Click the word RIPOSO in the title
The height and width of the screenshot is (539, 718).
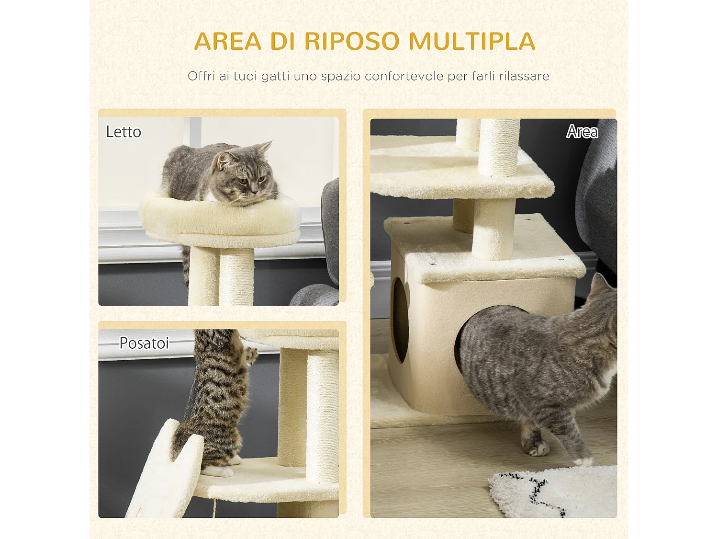point(351,41)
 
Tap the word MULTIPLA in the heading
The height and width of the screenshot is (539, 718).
point(472,41)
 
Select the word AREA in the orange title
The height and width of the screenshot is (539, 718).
point(228,41)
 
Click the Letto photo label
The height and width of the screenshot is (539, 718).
point(123,132)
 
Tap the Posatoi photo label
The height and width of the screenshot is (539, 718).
point(144,343)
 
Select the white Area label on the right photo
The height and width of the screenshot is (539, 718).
point(582,131)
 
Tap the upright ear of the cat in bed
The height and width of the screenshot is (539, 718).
point(264,147)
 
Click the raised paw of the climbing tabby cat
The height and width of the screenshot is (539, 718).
point(250,355)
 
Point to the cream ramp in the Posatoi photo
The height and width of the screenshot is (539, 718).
point(163,474)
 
